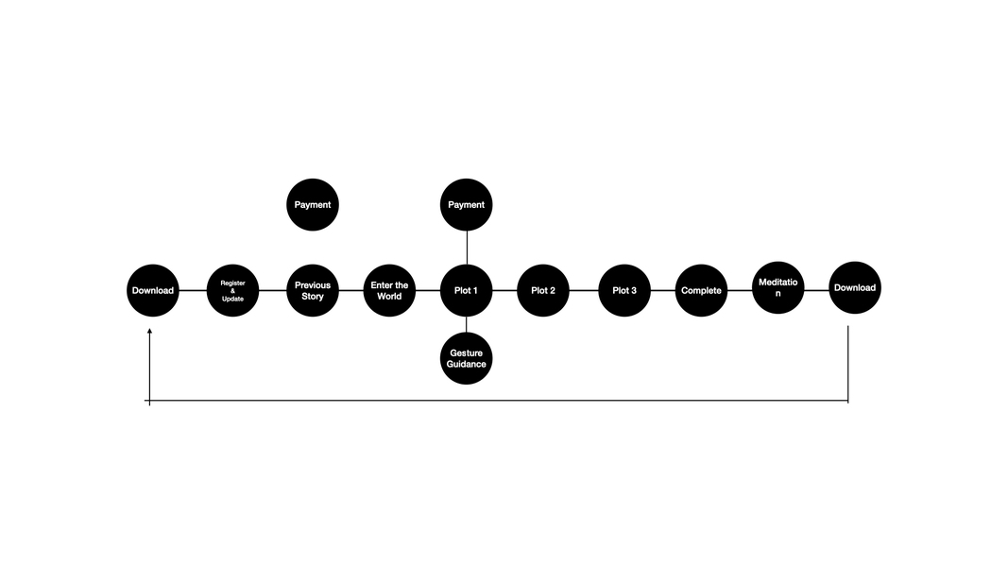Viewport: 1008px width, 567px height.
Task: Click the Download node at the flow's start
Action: [153, 290]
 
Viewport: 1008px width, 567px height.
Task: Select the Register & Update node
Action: [232, 290]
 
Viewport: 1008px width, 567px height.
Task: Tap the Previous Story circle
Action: [312, 290]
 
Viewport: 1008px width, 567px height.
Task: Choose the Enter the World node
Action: [389, 290]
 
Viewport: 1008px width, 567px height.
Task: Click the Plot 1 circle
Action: [467, 290]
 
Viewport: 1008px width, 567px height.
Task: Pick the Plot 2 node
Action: [543, 290]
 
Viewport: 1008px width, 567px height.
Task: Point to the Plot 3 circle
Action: [624, 290]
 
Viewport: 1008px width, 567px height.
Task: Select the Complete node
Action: [701, 290]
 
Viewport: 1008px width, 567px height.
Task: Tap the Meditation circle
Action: [778, 287]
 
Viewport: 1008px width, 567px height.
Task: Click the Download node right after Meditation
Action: [855, 287]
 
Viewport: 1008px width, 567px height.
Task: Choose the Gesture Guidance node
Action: [467, 358]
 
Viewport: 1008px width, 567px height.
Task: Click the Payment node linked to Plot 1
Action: [467, 204]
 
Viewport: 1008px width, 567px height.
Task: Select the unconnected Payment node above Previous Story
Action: [312, 204]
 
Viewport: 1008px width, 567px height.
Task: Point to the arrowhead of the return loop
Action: [149, 332]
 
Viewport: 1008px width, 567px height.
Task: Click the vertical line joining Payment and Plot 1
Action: [467, 248]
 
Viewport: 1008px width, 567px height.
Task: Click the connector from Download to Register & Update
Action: [193, 290]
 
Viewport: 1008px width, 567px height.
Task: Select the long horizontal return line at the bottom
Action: [499, 401]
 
